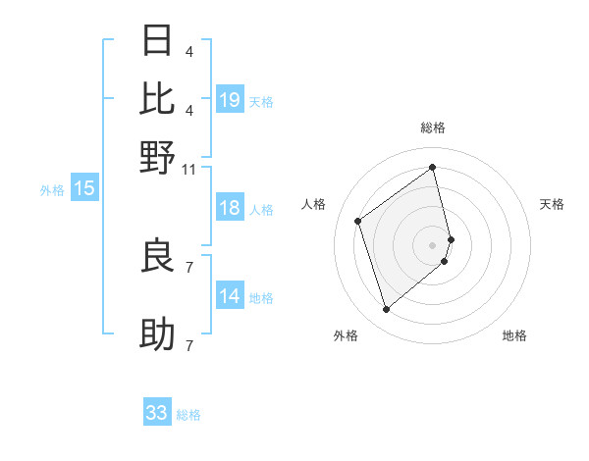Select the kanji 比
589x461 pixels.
tap(158, 98)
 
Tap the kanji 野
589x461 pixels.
tap(158, 156)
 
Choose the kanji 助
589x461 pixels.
tap(158, 334)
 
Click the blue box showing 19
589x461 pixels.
tap(230, 100)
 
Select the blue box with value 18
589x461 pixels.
tap(230, 208)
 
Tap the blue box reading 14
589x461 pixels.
tap(230, 297)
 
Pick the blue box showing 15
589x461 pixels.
tap(84, 188)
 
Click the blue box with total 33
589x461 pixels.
tap(157, 413)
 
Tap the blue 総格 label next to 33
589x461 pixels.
tap(188, 415)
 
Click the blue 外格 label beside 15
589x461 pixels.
tap(51, 190)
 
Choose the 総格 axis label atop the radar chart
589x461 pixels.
tap(433, 128)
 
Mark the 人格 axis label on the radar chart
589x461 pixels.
tap(314, 204)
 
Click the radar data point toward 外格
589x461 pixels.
tap(386, 310)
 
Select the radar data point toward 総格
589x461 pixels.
tap(433, 167)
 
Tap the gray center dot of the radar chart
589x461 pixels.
tap(433, 244)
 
